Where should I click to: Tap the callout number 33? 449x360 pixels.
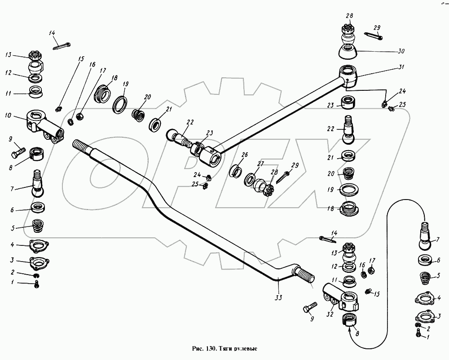pos(278,298)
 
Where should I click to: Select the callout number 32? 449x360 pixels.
pos(330,314)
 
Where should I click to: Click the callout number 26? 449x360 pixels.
pos(244,155)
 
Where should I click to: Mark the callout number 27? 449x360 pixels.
pos(260,164)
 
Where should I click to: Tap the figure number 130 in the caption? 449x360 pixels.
pos(211,349)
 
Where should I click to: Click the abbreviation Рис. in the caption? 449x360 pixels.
pos(198,349)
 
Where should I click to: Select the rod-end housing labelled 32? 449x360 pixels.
pos(341,299)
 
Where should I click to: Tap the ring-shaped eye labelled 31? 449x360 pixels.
pos(348,75)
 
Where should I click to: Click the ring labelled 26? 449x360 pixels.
pos(237,171)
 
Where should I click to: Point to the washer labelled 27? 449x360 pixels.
pos(251,179)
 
